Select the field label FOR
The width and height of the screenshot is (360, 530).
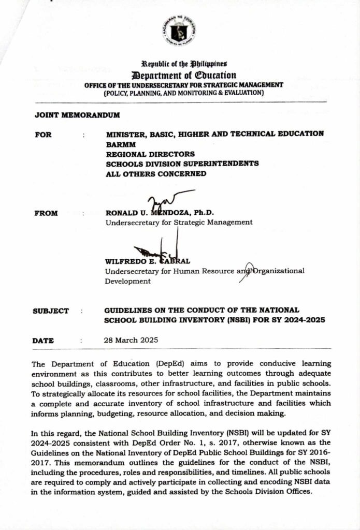tap(43, 134)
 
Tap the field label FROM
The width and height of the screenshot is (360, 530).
tap(46, 213)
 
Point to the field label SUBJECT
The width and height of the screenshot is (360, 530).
tap(50, 311)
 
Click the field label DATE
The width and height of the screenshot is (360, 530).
tap(43, 341)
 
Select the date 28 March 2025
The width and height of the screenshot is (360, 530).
tap(132, 341)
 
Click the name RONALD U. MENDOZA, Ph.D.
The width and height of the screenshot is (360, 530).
tap(160, 213)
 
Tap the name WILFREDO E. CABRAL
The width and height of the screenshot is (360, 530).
tap(148, 261)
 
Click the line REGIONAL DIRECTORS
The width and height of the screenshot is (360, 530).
tap(150, 154)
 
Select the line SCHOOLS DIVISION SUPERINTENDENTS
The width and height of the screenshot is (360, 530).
tap(182, 164)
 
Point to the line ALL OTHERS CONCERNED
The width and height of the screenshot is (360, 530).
tap(156, 173)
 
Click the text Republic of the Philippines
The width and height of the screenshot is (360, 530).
tap(179, 64)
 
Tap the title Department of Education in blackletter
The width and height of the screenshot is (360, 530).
tap(179, 75)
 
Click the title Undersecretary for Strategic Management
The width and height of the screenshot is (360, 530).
tap(179, 223)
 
